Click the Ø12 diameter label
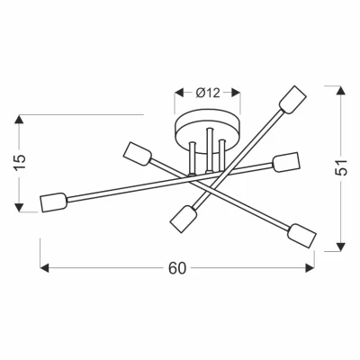(208, 93)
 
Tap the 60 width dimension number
(177, 268)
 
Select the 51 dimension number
(341, 167)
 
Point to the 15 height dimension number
(21, 163)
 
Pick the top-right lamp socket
(292, 100)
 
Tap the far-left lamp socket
(54, 202)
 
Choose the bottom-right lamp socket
(301, 236)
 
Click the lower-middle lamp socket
(184, 219)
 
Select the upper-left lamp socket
(138, 154)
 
